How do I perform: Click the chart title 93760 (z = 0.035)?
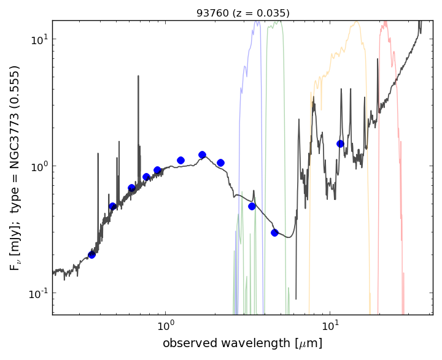point(242,13)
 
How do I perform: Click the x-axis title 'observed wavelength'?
point(242,343)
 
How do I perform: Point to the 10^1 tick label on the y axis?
point(39,39)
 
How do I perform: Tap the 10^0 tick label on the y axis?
point(39,166)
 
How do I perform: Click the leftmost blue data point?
point(91,255)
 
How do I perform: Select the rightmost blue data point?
point(340,144)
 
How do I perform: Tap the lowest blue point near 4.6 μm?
point(274,232)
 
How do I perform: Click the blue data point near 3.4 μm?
point(252,206)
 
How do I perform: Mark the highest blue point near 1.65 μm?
point(202,155)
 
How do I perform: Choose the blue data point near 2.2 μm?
point(220,163)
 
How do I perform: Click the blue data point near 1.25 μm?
point(180,160)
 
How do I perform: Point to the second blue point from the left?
point(112,206)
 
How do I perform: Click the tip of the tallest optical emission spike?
point(138,76)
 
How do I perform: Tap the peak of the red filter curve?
point(385,23)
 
